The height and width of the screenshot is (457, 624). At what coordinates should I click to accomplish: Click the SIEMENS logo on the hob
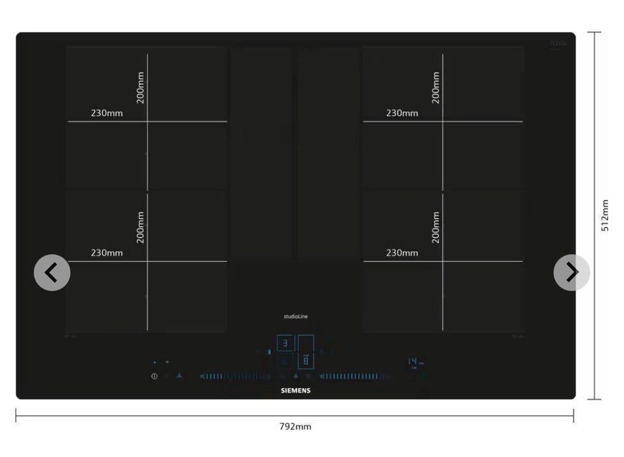click(296, 391)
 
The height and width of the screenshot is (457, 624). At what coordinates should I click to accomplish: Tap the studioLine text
click(296, 316)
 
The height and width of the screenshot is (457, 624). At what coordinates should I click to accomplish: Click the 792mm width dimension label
click(295, 426)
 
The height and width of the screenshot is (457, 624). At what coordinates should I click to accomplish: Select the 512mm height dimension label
click(605, 215)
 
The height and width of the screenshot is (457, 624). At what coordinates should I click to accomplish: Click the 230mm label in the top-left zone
click(107, 113)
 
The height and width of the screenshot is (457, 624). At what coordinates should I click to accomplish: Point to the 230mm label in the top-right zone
click(402, 113)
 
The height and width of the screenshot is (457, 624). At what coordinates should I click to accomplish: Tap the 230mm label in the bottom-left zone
click(107, 253)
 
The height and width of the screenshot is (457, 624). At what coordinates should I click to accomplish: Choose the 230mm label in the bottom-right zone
click(402, 253)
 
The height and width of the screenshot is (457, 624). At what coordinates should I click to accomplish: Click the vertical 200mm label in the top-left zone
click(140, 87)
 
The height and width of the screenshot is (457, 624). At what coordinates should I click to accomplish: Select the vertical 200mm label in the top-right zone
click(435, 87)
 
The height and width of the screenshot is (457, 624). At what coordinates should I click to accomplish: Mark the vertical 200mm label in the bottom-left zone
click(140, 227)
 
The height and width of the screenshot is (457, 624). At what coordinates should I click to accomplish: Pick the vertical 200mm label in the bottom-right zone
click(435, 227)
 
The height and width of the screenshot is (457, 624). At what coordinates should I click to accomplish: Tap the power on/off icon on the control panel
click(155, 376)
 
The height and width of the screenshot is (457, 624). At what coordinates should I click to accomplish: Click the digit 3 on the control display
click(285, 343)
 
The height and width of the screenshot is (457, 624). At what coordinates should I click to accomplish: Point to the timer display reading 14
click(413, 361)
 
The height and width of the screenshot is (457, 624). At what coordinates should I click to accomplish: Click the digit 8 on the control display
click(306, 361)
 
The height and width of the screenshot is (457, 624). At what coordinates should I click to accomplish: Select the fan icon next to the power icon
click(179, 376)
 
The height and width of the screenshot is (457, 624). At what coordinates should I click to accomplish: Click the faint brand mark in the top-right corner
click(558, 44)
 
